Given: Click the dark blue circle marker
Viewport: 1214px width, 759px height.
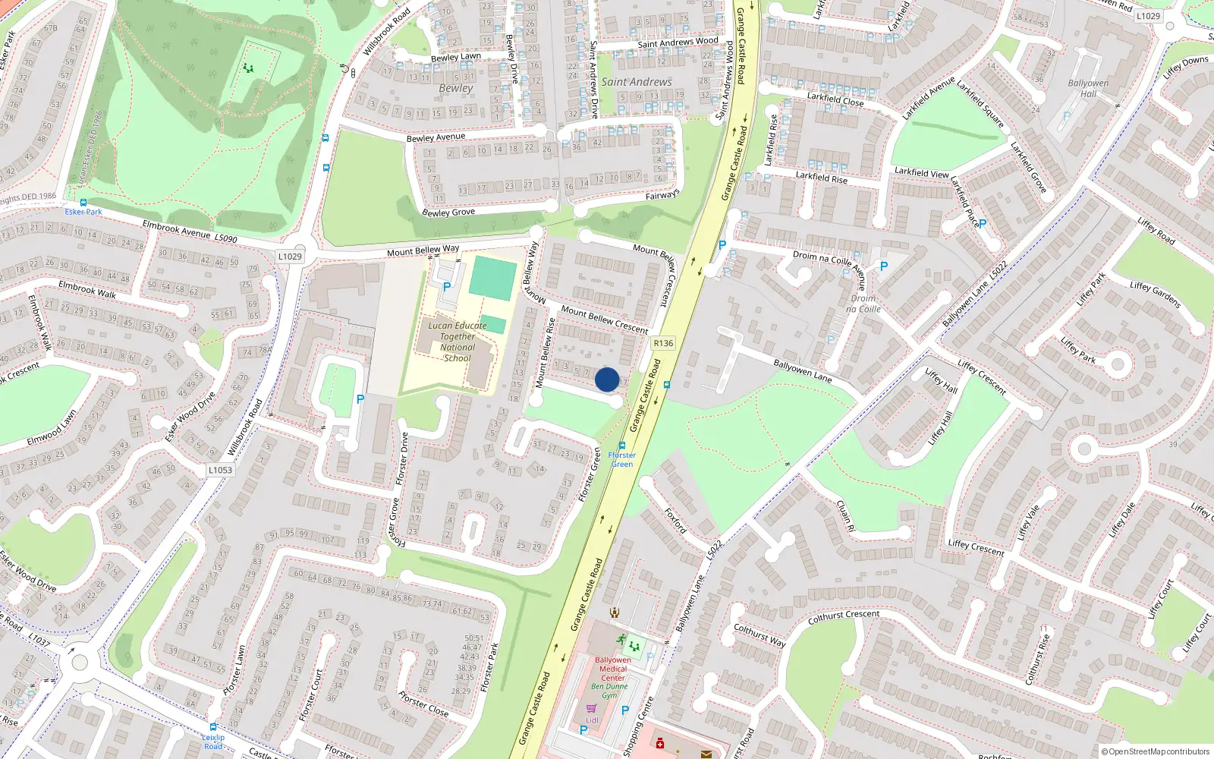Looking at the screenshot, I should click(x=607, y=379).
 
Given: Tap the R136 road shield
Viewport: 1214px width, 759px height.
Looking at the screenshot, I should click(x=663, y=343).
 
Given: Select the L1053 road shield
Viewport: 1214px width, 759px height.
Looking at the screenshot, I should click(x=220, y=470).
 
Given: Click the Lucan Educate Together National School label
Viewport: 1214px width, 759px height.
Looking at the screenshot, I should click(x=458, y=342).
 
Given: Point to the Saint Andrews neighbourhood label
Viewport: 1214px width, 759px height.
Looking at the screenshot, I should click(x=637, y=82).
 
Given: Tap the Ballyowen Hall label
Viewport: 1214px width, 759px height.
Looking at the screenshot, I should click(x=1088, y=88).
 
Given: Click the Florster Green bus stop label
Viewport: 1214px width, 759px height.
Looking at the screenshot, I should click(x=622, y=459).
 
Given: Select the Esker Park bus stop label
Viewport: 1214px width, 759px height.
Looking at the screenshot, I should click(x=83, y=212).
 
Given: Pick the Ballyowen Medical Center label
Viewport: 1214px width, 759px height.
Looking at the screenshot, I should click(x=613, y=669).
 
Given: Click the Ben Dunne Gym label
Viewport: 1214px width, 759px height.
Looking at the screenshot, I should click(x=610, y=691).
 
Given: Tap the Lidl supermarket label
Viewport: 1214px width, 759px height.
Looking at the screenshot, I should click(x=592, y=720).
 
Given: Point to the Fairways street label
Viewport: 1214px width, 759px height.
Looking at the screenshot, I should click(x=662, y=196).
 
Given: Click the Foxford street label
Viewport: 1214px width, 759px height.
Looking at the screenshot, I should click(x=675, y=521).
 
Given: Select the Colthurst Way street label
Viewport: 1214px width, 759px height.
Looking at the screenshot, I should click(x=759, y=635).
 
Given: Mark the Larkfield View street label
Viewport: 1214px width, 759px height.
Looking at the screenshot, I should click(x=921, y=172).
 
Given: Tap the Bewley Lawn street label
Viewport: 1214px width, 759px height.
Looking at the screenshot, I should click(x=455, y=57).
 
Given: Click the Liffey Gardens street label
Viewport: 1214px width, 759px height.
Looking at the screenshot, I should click(x=1155, y=295).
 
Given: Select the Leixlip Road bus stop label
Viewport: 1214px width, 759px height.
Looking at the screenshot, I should click(x=213, y=742).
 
